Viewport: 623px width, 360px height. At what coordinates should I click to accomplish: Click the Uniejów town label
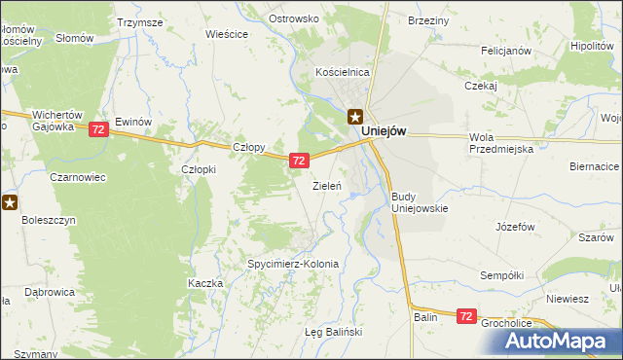383,131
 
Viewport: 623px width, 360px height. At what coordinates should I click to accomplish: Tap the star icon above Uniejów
356,115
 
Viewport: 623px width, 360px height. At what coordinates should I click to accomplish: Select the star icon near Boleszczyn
10,202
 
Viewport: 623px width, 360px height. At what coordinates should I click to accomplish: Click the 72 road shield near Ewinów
97,129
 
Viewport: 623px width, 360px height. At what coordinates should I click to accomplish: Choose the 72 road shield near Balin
466,316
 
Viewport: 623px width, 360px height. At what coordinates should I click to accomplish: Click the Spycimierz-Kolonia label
293,264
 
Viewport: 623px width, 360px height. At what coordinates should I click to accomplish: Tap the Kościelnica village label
342,72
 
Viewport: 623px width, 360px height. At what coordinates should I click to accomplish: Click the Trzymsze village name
138,21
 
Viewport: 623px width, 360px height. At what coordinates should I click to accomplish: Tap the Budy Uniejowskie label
419,202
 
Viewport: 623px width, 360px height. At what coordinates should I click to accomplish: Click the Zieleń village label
325,185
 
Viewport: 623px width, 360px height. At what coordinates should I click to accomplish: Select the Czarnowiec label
78,179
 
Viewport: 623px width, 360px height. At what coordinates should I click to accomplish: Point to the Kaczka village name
205,283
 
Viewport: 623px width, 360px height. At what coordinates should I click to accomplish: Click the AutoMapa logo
561,340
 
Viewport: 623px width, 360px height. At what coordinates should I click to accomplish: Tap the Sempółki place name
503,276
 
